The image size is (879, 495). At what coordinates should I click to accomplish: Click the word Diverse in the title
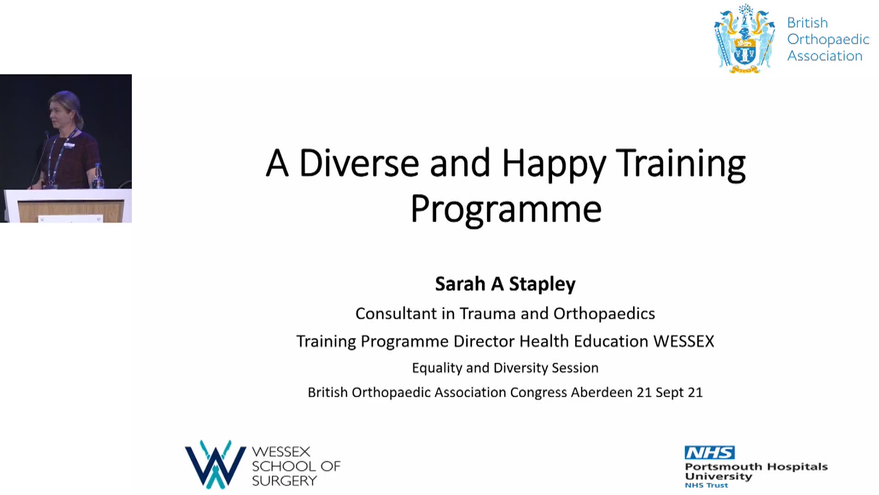click(x=359, y=163)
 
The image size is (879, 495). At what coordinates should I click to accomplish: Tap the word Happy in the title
click(x=554, y=165)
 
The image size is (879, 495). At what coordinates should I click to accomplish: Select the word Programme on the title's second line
click(x=506, y=209)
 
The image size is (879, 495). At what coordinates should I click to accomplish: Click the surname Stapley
click(x=542, y=284)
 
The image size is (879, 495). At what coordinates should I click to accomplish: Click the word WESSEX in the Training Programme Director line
click(x=684, y=341)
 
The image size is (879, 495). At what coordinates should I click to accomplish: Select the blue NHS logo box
click(x=710, y=453)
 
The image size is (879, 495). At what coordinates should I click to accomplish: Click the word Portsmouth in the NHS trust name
click(x=723, y=467)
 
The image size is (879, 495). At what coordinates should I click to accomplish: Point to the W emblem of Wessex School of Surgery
click(x=215, y=464)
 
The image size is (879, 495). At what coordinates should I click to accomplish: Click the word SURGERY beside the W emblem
click(x=284, y=481)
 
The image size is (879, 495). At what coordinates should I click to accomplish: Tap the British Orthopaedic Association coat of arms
click(x=744, y=39)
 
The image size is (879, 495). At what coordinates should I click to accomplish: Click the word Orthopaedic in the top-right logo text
click(x=828, y=40)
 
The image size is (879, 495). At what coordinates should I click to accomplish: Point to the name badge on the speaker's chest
click(x=69, y=145)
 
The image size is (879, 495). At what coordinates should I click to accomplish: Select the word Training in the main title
click(x=681, y=165)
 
